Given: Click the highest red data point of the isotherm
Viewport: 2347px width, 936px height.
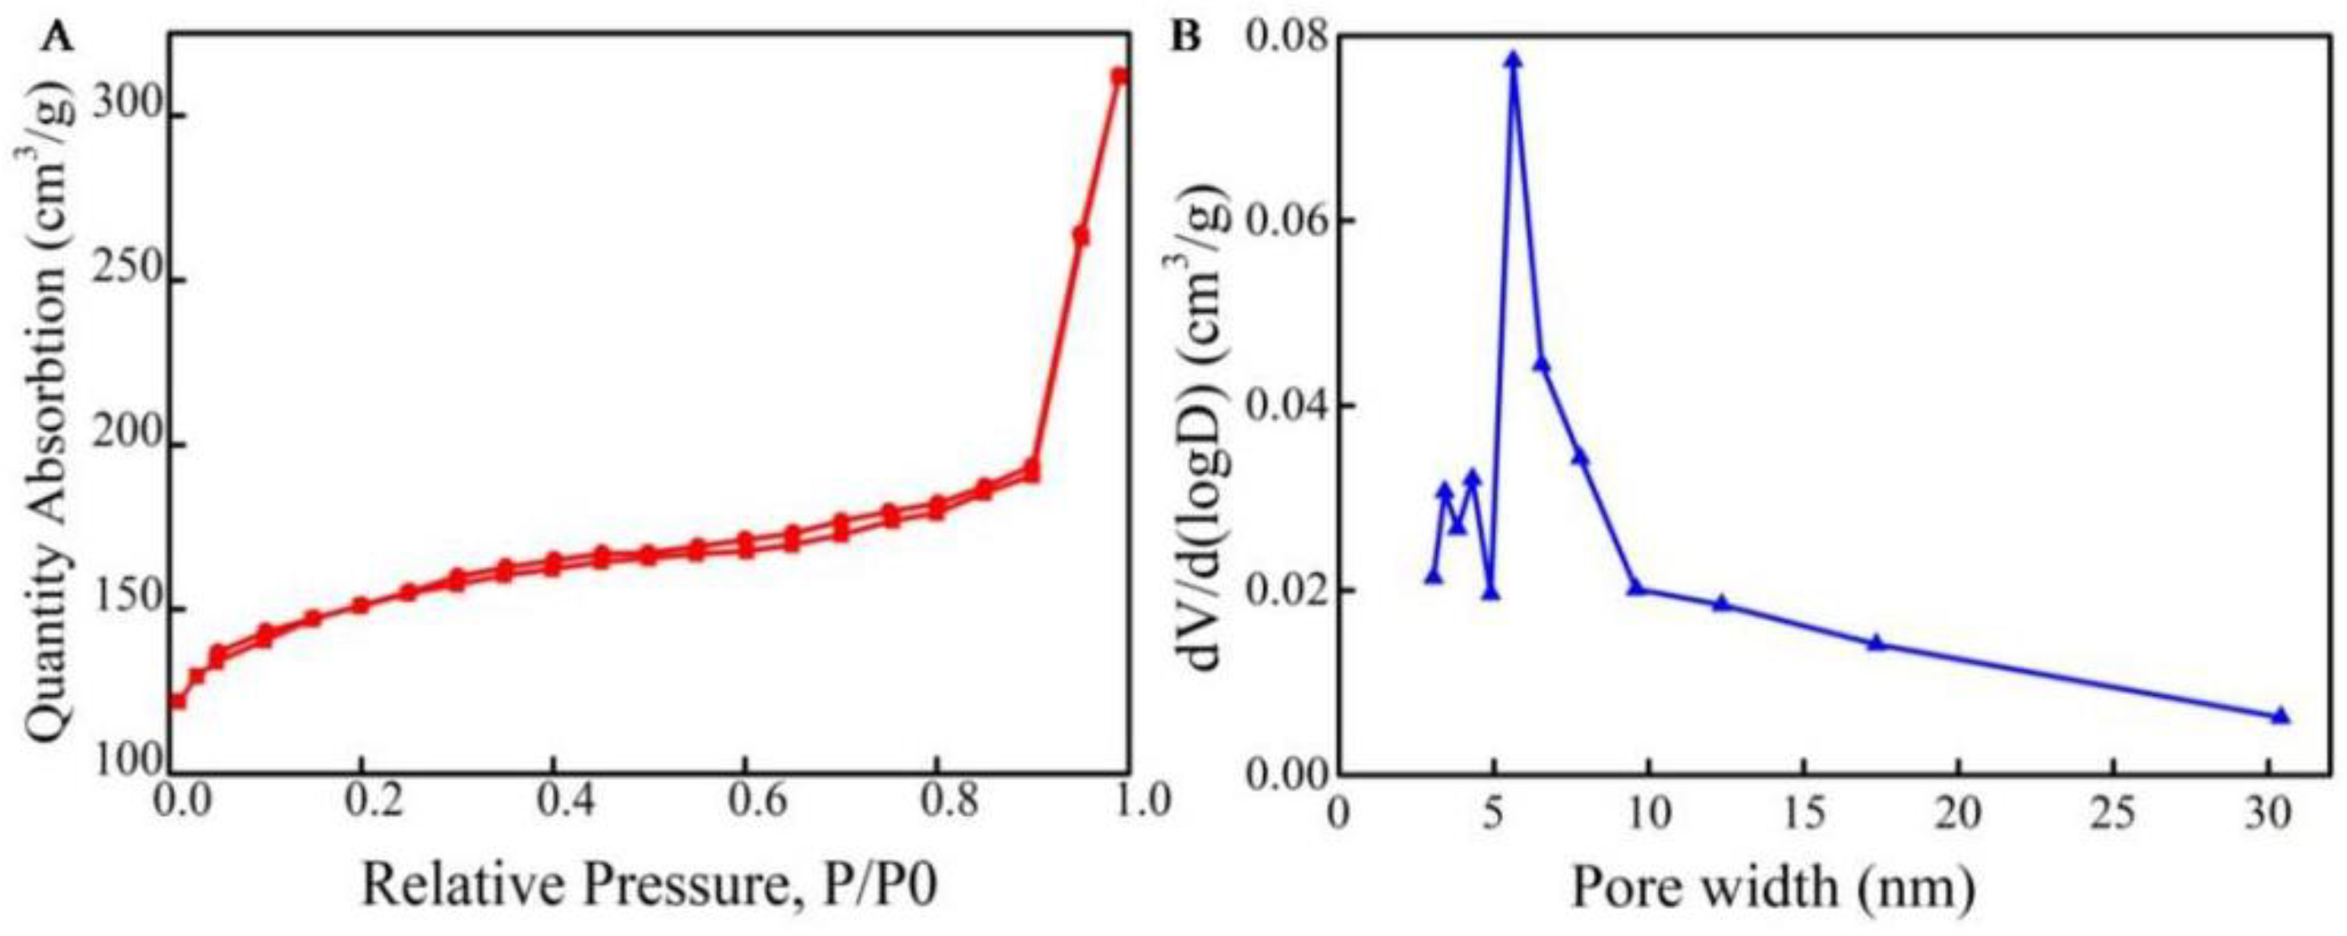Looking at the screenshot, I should tap(1120, 77).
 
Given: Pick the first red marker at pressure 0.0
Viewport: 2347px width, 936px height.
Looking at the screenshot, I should tap(178, 701).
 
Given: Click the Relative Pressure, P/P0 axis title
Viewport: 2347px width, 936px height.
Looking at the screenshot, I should tap(650, 888).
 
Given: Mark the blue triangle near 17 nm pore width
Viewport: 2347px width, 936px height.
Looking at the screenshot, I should tap(1875, 643).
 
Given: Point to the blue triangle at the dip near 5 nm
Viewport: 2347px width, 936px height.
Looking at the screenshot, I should tap(1490, 593).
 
